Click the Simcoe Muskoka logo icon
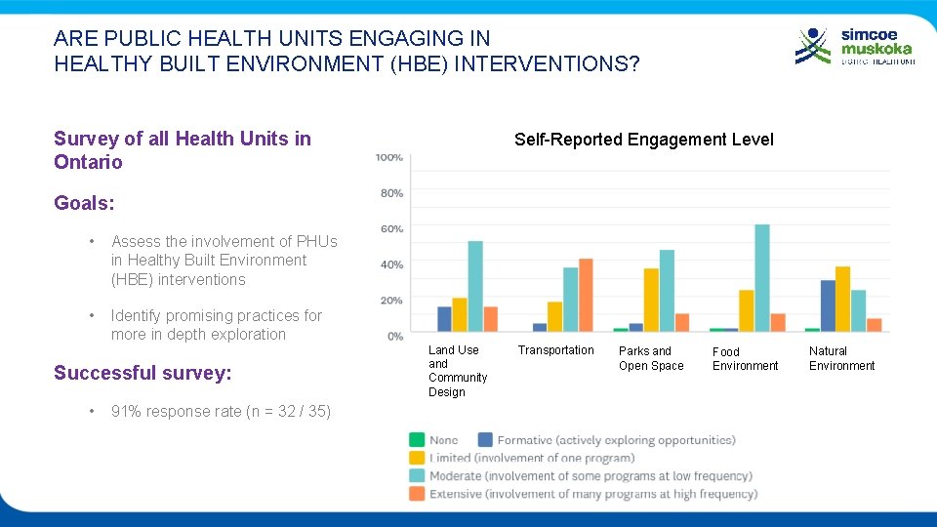[x=814, y=46]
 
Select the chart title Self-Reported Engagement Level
[x=643, y=140]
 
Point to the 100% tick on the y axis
[x=389, y=157]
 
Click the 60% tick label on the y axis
[x=391, y=229]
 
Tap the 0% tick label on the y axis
[x=395, y=337]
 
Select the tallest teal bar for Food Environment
[x=761, y=278]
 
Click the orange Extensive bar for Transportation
[x=586, y=295]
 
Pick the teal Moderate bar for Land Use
[x=475, y=286]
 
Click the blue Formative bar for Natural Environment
[x=828, y=305]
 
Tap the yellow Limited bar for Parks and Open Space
[x=651, y=300]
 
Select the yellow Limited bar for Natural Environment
[x=842, y=299]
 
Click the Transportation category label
[x=555, y=350]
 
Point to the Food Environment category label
[x=745, y=358]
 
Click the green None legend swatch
[x=417, y=440]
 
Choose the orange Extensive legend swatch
[x=417, y=494]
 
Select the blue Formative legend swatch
[x=485, y=440]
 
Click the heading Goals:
[x=84, y=203]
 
